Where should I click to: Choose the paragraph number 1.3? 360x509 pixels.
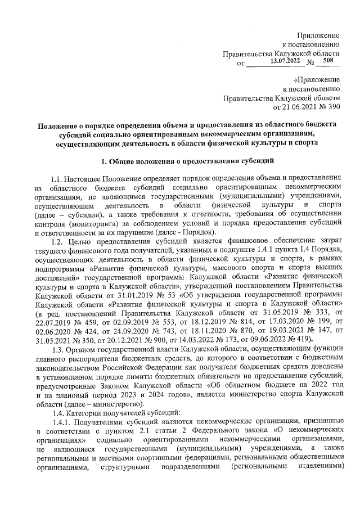[58, 349]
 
